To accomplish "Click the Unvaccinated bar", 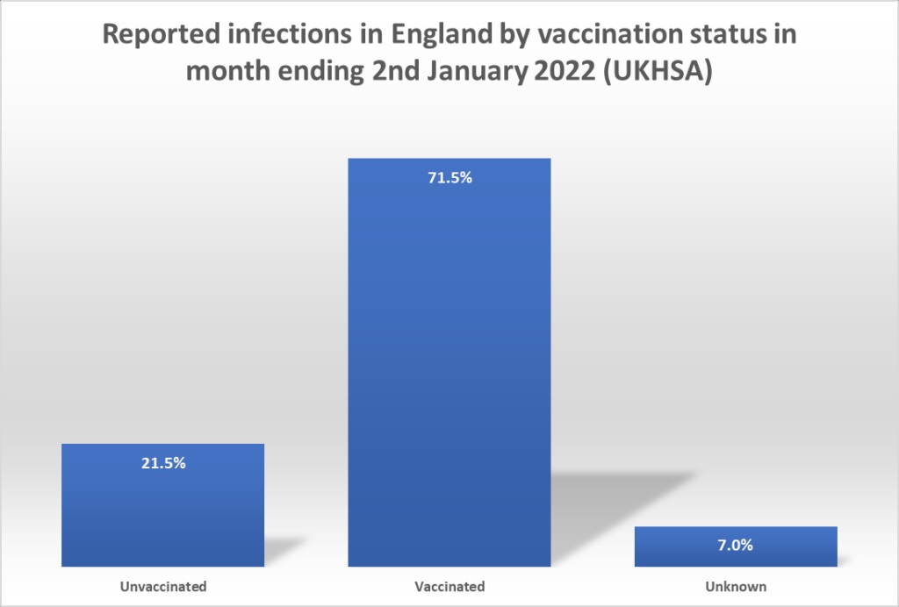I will click(162, 509).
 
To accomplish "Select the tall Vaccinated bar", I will click(449, 368).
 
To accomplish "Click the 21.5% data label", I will click(163, 463).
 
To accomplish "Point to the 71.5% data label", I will click(449, 178).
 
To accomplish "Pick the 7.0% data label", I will click(735, 546).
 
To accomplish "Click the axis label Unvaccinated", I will click(162, 586).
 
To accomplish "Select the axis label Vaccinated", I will click(450, 586).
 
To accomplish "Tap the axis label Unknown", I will click(735, 586).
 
